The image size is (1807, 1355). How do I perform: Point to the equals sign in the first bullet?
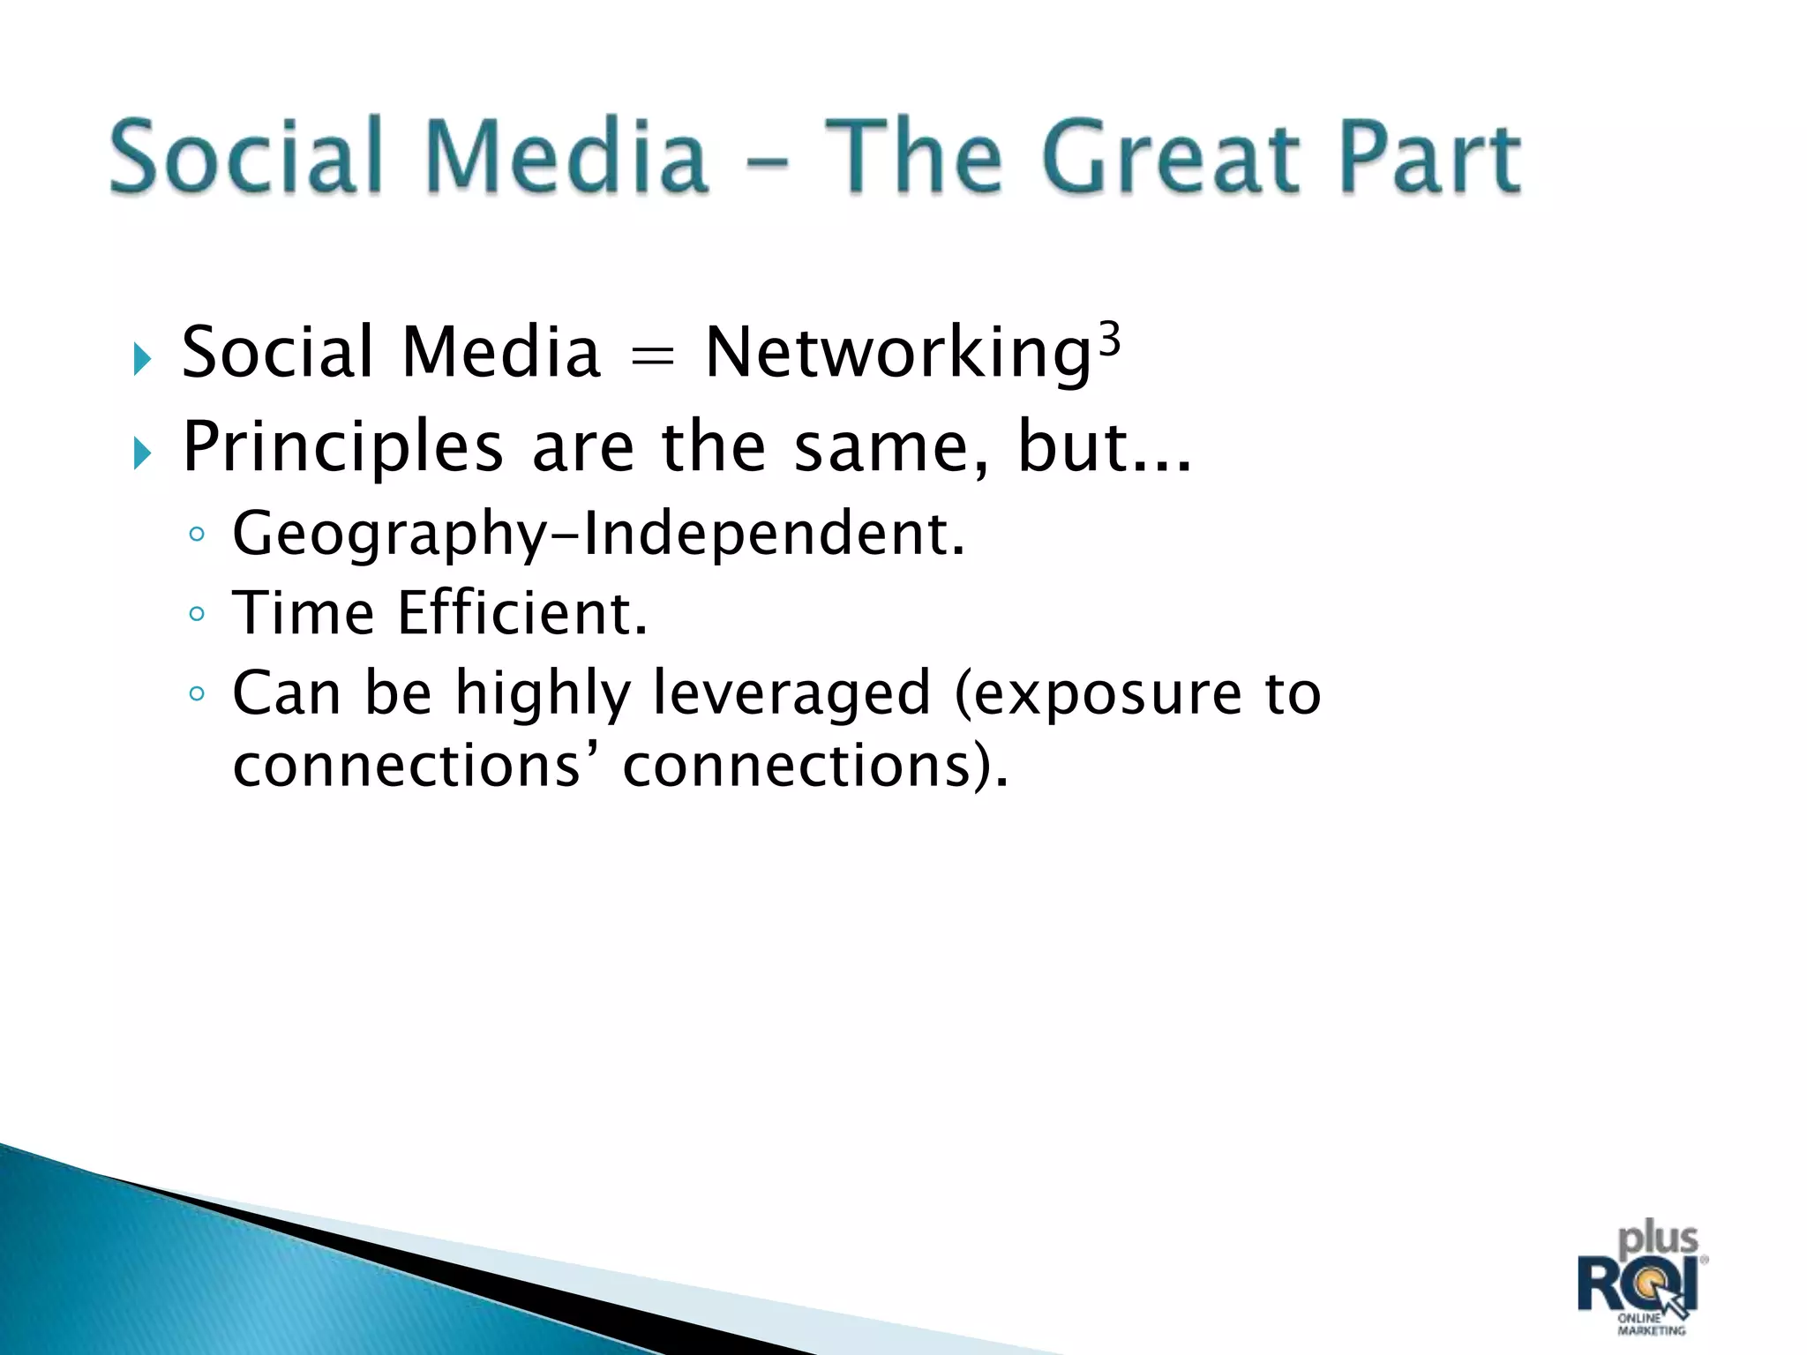click(653, 356)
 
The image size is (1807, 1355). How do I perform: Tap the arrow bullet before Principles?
click(142, 453)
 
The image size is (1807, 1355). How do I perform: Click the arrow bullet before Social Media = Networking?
click(142, 359)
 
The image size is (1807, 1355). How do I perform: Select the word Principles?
click(342, 448)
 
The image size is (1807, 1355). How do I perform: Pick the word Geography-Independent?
click(598, 535)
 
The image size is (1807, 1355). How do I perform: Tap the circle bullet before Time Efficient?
click(197, 613)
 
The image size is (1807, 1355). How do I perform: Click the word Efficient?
click(522, 612)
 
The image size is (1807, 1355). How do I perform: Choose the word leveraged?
click(791, 693)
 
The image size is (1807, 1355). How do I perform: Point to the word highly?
click(543, 693)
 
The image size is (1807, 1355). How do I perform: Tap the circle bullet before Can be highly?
click(197, 693)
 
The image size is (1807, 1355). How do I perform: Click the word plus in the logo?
click(1658, 1239)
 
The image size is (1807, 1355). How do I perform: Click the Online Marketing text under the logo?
click(1651, 1324)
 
